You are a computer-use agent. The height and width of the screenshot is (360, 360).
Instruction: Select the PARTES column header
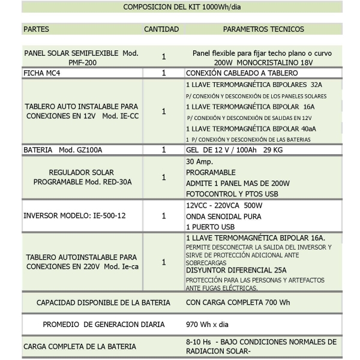click(37, 29)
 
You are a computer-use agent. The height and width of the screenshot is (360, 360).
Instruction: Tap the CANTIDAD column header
click(161, 29)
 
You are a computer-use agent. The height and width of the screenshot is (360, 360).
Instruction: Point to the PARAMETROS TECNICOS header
click(263, 29)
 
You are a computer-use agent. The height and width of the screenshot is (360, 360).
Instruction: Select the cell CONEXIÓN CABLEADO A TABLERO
click(237, 73)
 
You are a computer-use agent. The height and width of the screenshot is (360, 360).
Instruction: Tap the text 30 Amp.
click(199, 161)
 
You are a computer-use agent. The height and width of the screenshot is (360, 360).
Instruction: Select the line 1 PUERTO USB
click(210, 227)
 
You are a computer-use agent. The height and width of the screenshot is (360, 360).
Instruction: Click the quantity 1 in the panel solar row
click(164, 57)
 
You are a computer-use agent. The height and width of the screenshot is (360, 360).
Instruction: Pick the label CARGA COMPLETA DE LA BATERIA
click(80, 346)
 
